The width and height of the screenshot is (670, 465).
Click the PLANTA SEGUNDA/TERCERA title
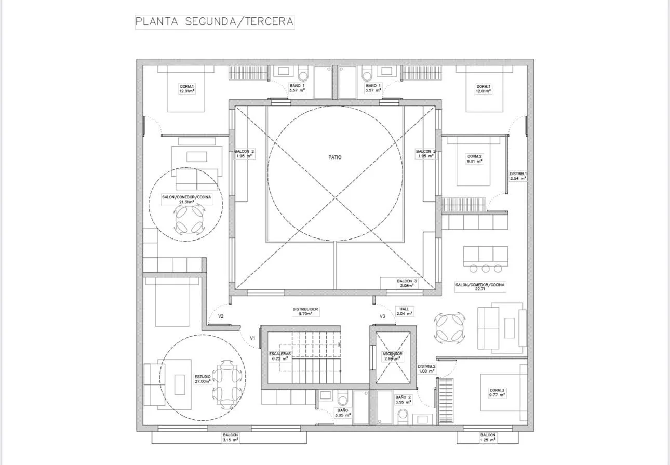click(x=215, y=22)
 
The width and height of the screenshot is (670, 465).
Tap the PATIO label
click(x=335, y=157)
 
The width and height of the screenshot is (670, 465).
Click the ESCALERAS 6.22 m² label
click(x=280, y=356)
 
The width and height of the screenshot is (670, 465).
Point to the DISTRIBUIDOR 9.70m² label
click(x=305, y=311)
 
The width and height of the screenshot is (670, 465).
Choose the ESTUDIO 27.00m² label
click(x=203, y=379)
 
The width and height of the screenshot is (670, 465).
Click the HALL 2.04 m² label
click(x=405, y=311)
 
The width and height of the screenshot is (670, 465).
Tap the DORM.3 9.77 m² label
click(x=497, y=392)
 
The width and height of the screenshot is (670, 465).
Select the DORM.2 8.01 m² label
click(x=475, y=158)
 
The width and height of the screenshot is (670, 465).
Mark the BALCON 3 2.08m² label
click(x=407, y=283)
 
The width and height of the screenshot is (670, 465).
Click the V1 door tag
click(x=252, y=338)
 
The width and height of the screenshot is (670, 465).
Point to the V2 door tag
click(x=221, y=316)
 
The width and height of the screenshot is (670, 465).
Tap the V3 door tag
click(x=382, y=316)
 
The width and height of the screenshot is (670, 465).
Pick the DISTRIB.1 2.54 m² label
click(x=518, y=176)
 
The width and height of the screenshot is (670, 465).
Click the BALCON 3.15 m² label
click(x=231, y=437)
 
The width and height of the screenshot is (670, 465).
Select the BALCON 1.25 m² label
click(x=488, y=437)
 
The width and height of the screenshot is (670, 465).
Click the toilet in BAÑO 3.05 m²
click(x=342, y=399)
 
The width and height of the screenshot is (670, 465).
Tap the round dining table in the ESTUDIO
click(x=227, y=385)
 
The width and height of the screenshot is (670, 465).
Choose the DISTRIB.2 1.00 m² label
click(x=427, y=368)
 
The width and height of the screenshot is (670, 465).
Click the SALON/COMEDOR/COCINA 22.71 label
click(x=480, y=287)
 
